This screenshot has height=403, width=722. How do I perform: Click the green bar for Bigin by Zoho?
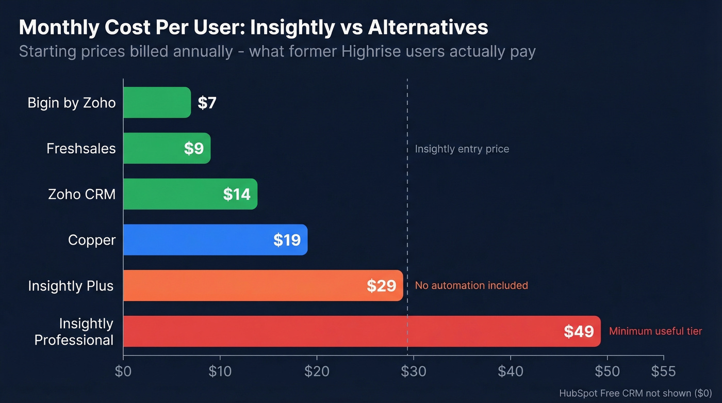157,103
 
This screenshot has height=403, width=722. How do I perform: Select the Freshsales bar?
155,149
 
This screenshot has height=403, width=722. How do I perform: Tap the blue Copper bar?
206,240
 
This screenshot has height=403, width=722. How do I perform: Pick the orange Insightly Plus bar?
248,285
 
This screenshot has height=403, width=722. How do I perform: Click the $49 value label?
579,331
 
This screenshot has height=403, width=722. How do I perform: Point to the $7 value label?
207,103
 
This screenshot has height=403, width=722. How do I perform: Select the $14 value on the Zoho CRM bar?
237,195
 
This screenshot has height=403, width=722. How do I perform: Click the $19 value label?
287,240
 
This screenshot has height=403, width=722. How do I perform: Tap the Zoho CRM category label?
81,195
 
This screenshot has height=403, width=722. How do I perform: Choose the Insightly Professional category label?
74,332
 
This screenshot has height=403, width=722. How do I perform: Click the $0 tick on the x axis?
123,372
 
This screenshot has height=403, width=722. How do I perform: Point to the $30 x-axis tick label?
414,372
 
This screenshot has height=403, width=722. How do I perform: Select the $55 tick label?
663,372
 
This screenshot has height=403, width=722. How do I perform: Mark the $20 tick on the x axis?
317,372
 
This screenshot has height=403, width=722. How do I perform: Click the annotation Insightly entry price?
462,149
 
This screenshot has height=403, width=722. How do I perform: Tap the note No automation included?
471,285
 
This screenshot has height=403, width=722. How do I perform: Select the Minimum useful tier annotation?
655,331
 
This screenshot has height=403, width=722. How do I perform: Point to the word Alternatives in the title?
428,28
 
